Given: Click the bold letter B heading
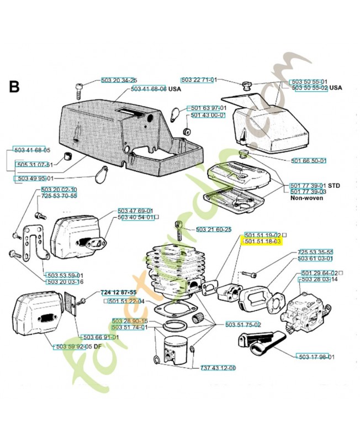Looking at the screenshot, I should tap(14, 87).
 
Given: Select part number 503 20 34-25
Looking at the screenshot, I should tap(119, 81).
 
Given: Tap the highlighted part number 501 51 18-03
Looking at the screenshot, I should tap(262, 241).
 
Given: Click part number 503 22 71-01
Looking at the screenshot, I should tap(199, 80).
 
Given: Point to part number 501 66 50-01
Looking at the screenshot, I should tap(309, 161).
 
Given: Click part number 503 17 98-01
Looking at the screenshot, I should tap(315, 356).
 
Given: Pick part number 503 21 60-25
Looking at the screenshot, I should tap(213, 229).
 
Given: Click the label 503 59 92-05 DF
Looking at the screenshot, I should tap(78, 347).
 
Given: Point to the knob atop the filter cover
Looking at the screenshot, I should tap(246, 86).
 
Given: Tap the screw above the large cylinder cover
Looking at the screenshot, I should tap(79, 89).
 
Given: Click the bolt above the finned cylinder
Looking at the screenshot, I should tap(178, 228).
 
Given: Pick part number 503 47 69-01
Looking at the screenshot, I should tap(135, 211).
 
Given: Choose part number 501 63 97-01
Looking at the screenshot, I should tap(206, 108).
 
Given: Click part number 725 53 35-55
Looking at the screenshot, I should tap(315, 252).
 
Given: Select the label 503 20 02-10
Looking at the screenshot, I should tap(59, 190).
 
